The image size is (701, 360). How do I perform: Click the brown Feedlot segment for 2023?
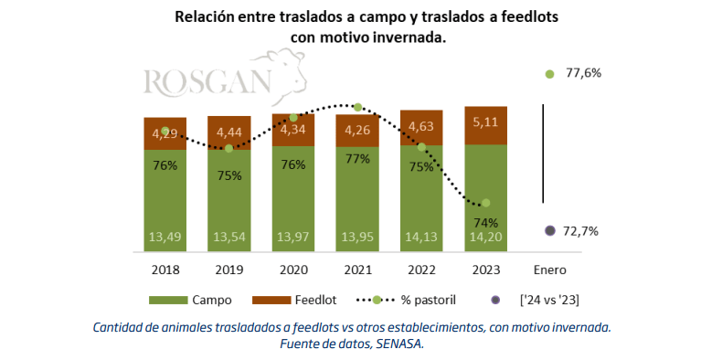(x=486, y=126)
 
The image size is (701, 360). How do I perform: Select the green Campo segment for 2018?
(x=165, y=200)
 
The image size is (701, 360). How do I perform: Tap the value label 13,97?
(x=293, y=237)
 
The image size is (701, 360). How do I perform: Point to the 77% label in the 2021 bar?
(x=357, y=159)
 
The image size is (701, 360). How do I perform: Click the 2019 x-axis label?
(x=229, y=270)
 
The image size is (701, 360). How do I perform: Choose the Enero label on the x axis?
(x=550, y=270)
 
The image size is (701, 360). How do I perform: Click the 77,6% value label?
(x=584, y=73)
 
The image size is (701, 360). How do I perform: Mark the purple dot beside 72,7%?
(x=550, y=231)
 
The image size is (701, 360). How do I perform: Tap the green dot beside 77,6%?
(x=550, y=74)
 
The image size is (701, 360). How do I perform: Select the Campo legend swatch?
(x=168, y=300)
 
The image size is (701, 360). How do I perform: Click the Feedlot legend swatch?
(x=271, y=300)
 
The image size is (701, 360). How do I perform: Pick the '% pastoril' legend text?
(x=429, y=300)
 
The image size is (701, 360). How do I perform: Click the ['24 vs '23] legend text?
(x=549, y=300)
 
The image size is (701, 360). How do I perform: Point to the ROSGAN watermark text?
(x=207, y=82)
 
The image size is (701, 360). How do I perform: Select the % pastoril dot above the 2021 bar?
(x=357, y=107)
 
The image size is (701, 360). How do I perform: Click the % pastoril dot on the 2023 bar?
(x=486, y=203)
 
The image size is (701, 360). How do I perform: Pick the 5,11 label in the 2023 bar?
(x=486, y=122)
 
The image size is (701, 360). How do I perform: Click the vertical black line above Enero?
(x=543, y=154)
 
